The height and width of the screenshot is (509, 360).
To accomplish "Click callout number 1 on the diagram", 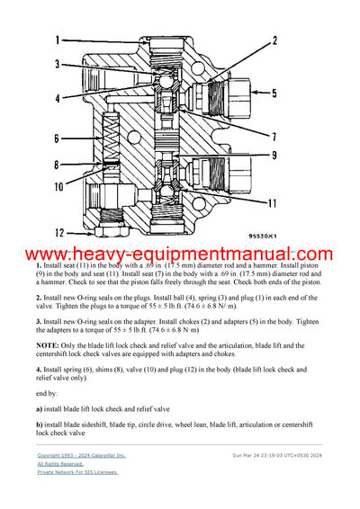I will point(56,40).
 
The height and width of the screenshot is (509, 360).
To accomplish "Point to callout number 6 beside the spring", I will point(56,138).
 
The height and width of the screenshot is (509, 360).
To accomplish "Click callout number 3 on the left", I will point(56,65).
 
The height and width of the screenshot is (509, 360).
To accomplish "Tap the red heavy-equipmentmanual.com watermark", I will point(180,256).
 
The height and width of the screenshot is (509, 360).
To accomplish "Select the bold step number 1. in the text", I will point(40,268).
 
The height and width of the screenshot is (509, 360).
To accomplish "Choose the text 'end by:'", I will point(51,393).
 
